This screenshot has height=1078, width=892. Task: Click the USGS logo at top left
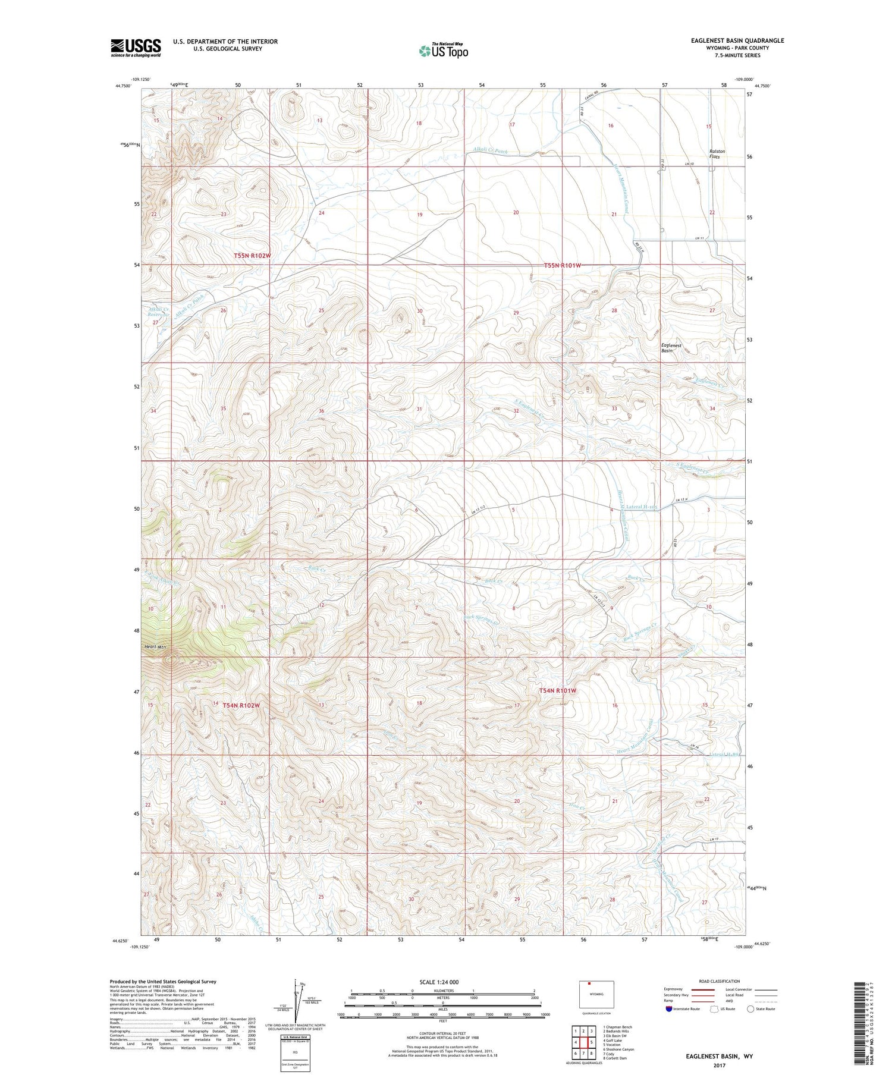coord(136,48)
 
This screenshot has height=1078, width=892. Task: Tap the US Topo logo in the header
coord(443,51)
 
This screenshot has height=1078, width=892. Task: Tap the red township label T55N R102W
coord(252,256)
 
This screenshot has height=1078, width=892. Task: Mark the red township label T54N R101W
coord(558,691)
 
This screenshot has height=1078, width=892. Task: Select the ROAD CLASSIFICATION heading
coord(720,981)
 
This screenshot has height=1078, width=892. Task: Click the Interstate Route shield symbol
coord(670,1009)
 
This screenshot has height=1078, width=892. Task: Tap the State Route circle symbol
coord(751,1009)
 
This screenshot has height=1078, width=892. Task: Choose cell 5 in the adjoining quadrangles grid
coord(592,1042)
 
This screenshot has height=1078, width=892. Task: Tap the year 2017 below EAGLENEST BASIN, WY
coord(719,1065)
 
